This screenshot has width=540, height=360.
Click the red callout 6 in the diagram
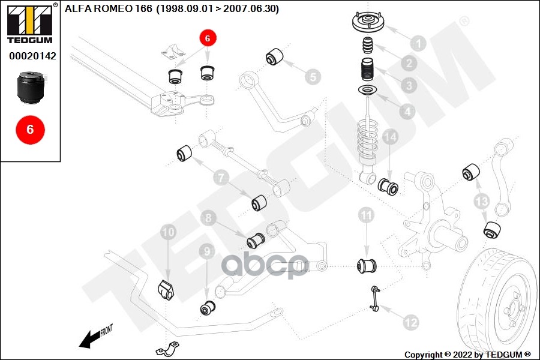208,38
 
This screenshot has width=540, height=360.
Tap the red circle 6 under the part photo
30,130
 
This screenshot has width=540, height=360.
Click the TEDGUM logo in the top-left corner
29,22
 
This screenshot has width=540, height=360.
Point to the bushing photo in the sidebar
30,87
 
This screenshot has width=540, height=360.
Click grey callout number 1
418,43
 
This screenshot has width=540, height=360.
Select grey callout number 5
313,77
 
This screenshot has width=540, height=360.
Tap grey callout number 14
389,137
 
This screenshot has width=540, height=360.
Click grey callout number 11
366,215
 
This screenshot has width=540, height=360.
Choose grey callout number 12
410,323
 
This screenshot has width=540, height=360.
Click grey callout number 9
206,253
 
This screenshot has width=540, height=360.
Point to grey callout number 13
481,202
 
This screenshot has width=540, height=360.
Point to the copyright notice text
468,354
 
